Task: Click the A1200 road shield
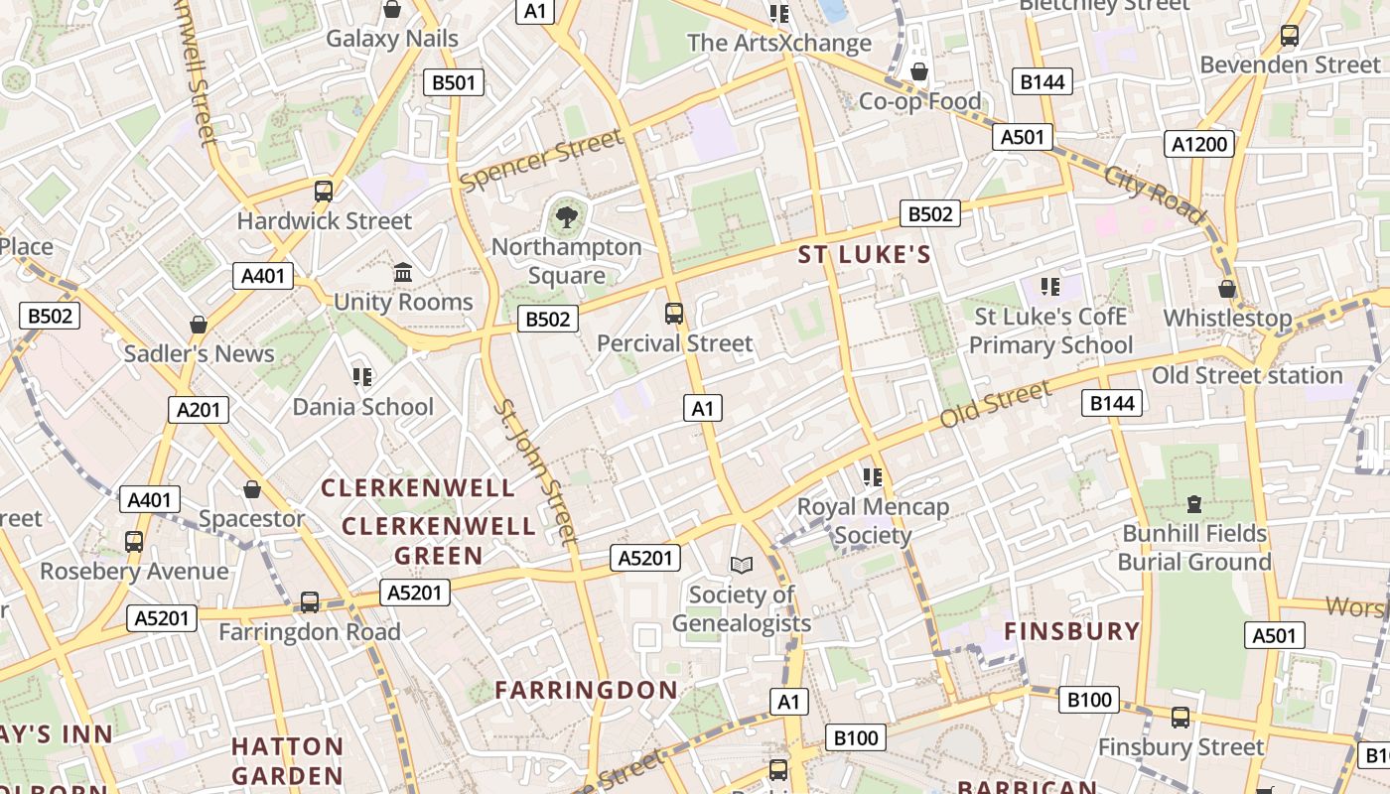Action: [x=1199, y=144]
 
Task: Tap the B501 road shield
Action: [x=454, y=82]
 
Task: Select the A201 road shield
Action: [x=199, y=409]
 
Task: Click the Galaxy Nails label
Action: [x=392, y=39]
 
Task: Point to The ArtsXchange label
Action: [x=779, y=43]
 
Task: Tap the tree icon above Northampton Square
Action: [x=566, y=216]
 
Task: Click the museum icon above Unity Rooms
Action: [x=403, y=272]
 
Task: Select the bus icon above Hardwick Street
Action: [x=324, y=192]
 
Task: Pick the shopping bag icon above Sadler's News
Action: [x=199, y=325]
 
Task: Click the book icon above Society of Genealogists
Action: [x=741, y=565]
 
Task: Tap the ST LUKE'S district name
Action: [x=865, y=255]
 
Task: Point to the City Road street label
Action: [x=1154, y=194]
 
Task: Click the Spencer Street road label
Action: [x=541, y=160]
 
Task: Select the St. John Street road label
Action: [x=535, y=471]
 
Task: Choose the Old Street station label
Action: [x=1247, y=375]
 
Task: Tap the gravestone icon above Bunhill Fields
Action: [x=1194, y=504]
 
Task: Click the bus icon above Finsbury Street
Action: [x=1180, y=717]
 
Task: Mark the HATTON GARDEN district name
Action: [x=288, y=760]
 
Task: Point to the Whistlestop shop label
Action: [x=1227, y=318]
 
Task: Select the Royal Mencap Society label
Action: [x=874, y=521]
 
